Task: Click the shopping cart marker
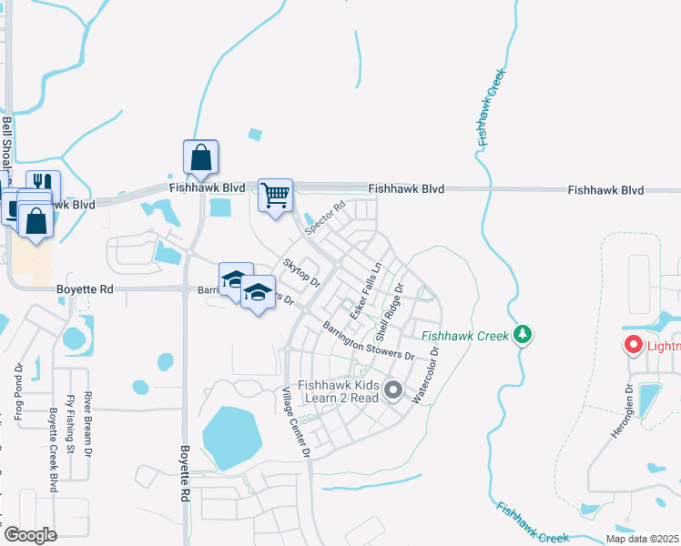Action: click(275, 195)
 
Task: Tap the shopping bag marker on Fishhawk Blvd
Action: click(200, 157)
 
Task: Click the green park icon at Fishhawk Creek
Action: click(523, 335)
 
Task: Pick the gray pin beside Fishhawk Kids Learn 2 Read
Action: click(393, 390)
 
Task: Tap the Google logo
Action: click(30, 534)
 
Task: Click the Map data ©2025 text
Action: click(643, 539)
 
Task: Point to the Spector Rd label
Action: click(326, 217)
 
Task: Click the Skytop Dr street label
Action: click(302, 272)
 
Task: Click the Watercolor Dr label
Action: click(425, 375)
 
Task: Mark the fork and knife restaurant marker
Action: click(43, 186)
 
